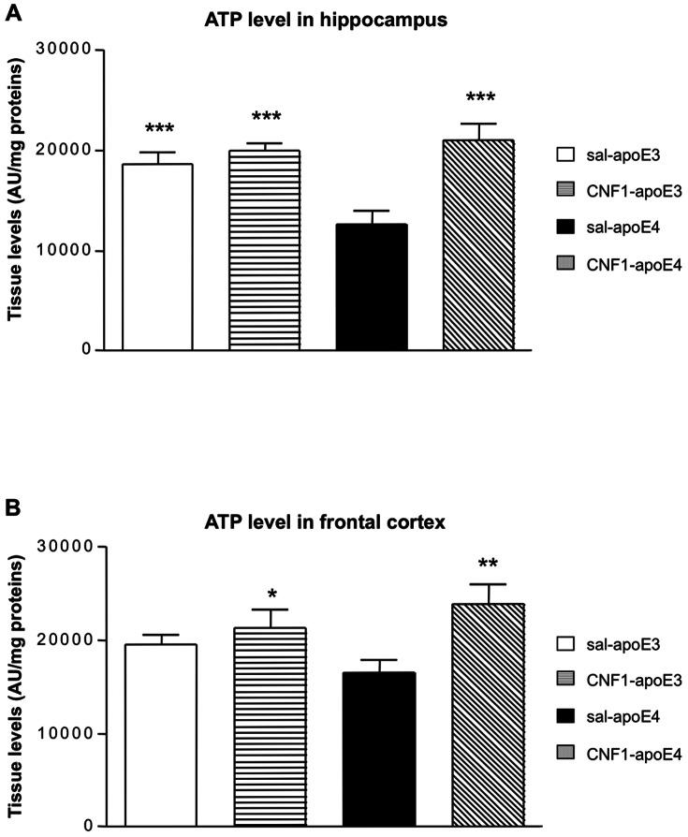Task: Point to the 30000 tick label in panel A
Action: pos(69,51)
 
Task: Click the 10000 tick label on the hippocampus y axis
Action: pos(69,251)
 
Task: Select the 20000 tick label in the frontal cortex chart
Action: pos(69,640)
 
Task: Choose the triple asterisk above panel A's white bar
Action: pos(159,129)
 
